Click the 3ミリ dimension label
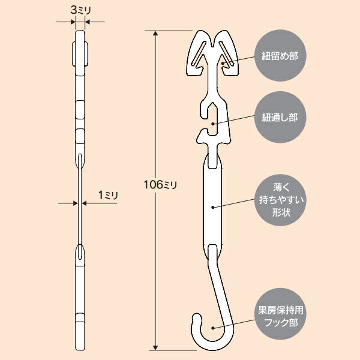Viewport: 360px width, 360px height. [x=81, y=10]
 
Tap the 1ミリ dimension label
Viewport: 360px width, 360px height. [x=108, y=196]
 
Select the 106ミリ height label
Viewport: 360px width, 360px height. [x=160, y=185]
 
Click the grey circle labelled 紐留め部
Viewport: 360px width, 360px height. [x=280, y=56]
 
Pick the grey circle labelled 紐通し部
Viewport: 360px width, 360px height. [x=280, y=117]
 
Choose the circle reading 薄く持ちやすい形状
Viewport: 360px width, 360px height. [x=280, y=200]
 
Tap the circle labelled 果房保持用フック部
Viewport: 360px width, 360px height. [x=280, y=314]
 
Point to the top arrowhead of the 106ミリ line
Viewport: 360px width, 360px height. [x=155, y=33]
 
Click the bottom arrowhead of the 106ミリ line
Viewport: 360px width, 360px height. [x=155, y=347]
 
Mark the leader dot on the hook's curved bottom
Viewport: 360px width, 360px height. [x=213, y=328]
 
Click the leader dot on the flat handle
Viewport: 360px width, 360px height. [x=213, y=208]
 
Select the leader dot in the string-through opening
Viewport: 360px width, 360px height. [x=213, y=124]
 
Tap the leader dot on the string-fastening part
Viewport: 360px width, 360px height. [x=223, y=63]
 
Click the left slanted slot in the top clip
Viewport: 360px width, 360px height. [x=199, y=53]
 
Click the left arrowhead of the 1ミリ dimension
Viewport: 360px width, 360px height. [x=76, y=203]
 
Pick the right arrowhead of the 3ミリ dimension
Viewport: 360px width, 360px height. [x=88, y=22]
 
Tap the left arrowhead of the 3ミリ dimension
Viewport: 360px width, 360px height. [x=73, y=22]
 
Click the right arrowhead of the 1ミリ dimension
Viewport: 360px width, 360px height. [x=84, y=203]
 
